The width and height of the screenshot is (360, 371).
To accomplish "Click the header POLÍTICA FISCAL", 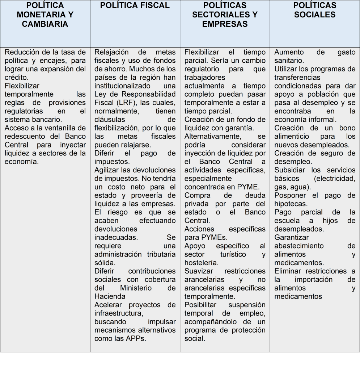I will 135,5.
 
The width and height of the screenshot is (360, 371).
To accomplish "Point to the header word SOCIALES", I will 314,15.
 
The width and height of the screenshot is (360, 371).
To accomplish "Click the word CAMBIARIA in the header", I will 45,24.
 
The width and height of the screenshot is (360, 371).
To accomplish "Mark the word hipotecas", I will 291,204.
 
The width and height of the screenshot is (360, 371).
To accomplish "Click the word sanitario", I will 289,61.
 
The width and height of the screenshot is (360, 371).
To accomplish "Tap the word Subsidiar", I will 289,170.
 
